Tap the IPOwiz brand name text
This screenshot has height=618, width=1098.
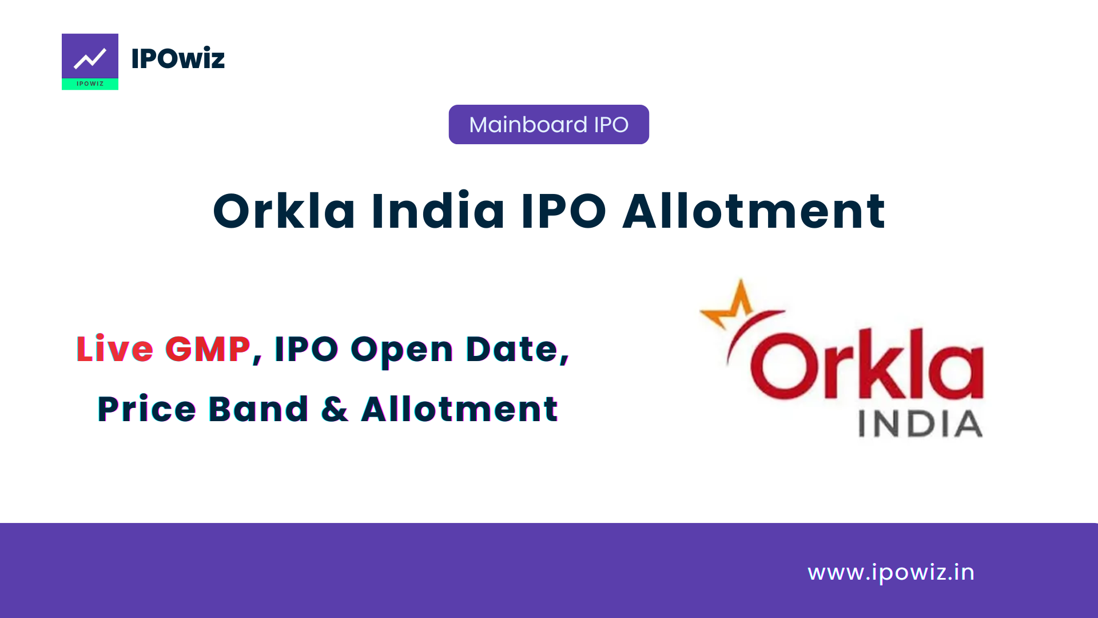click(x=178, y=58)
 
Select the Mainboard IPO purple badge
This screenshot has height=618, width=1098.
click(x=548, y=124)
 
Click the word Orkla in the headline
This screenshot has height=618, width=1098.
click(x=284, y=211)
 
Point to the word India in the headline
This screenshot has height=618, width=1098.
click(x=438, y=211)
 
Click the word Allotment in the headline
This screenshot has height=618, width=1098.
click(x=754, y=211)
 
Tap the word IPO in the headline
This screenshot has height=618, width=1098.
click(x=563, y=211)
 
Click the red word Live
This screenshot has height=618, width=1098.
click(x=115, y=349)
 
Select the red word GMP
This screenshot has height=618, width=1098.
click(x=208, y=349)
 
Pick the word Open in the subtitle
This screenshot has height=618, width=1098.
click(x=402, y=350)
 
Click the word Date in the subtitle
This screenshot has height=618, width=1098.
click(x=512, y=349)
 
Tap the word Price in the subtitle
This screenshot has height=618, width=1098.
click(x=147, y=409)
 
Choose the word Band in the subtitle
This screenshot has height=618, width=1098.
click(x=258, y=409)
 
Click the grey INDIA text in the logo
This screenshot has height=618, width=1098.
click(x=920, y=425)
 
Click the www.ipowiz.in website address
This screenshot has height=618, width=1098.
click(x=891, y=572)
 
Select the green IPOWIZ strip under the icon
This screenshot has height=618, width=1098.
click(x=90, y=84)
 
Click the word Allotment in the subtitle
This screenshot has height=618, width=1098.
click(x=459, y=409)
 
